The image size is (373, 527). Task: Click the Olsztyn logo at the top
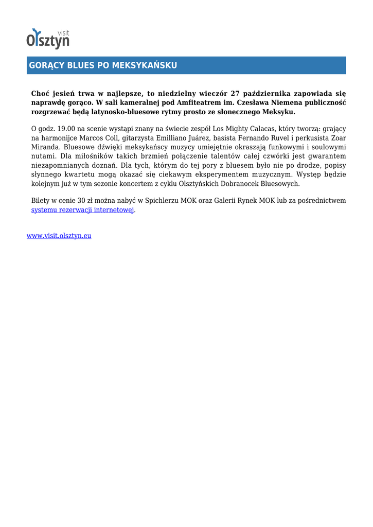pyautogui.click(x=48, y=39)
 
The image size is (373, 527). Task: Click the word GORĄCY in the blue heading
pyautogui.click(x=44, y=65)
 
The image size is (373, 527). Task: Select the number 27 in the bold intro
pyautogui.click(x=235, y=93)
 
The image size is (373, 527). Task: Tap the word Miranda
pyautogui.click(x=45, y=147)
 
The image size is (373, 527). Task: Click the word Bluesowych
pyautogui.click(x=280, y=183)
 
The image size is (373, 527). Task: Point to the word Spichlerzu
pyautogui.click(x=163, y=201)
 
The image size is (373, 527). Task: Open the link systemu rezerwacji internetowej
pyautogui.click(x=82, y=210)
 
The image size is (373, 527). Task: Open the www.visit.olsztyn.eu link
pyautogui.click(x=59, y=236)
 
